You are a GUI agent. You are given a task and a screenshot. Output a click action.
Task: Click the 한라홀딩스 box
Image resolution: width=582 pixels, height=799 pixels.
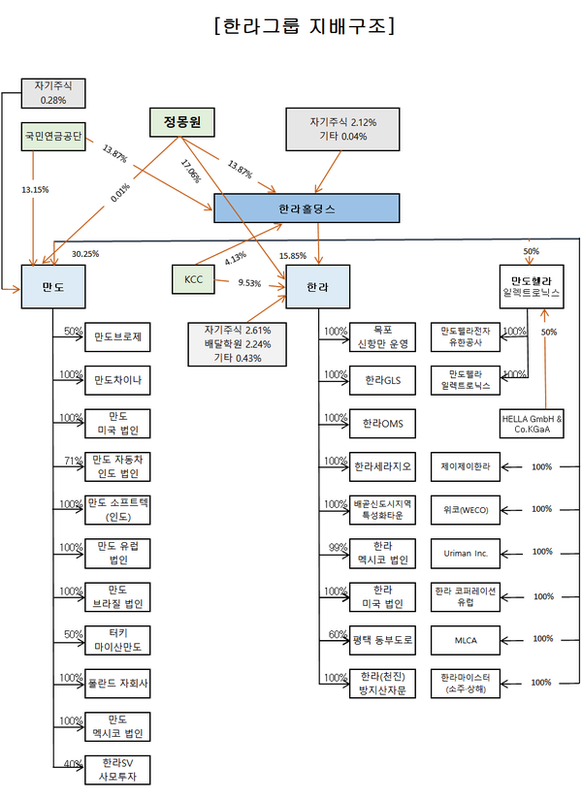pos(306,208)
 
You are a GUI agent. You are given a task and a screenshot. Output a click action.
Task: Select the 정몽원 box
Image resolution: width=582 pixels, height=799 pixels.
pos(181,123)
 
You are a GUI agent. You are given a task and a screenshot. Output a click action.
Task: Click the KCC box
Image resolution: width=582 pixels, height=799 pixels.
pos(193,280)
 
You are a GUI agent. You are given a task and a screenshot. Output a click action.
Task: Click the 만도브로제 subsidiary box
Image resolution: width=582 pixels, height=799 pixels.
pos(118,337)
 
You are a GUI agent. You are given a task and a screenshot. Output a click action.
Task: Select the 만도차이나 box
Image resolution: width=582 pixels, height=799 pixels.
pos(118,380)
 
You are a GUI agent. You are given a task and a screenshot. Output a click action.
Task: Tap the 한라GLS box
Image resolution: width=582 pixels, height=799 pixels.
pos(382,380)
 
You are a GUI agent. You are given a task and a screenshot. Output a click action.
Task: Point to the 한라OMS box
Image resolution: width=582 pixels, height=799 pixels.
pos(382,424)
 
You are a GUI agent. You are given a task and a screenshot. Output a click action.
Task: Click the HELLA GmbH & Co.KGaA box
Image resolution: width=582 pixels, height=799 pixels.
pos(532,424)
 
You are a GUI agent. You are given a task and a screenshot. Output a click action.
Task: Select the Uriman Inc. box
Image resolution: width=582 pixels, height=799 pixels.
pos(466,554)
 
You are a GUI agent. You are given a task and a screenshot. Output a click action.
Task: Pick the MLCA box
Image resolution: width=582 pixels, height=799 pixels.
pos(466,640)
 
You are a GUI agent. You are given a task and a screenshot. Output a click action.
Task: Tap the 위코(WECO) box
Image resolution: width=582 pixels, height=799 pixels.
pos(466,510)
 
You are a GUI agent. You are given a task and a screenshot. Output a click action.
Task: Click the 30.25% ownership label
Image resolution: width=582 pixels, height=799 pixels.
pos(85,254)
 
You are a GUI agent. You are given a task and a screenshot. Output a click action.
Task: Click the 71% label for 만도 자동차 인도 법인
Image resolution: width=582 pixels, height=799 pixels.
pos(72,461)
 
